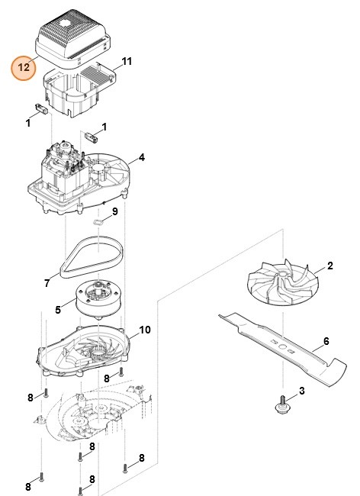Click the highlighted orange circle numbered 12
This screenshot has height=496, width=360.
click(x=24, y=66)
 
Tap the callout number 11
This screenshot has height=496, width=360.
click(x=127, y=60)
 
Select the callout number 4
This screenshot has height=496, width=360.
click(x=140, y=159)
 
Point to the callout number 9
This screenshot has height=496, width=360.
click(x=114, y=211)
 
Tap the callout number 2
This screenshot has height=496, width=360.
click(x=330, y=266)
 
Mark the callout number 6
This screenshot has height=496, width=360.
click(x=325, y=341)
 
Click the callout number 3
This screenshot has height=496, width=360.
click(x=301, y=391)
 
